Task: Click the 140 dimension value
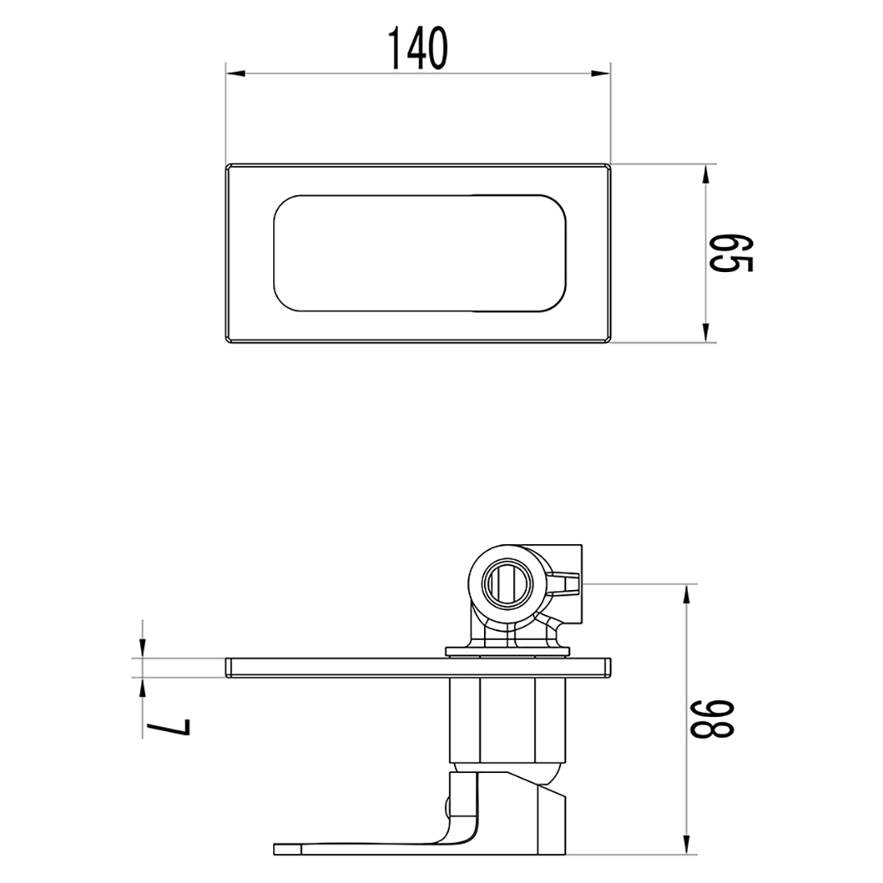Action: pos(418,48)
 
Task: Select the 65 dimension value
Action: pos(730,254)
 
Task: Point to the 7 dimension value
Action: pos(168,726)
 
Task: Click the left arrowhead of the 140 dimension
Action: pos(236,73)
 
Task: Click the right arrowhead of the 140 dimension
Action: pos(600,73)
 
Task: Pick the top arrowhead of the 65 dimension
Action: pos(705,174)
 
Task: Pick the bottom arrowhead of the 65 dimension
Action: pos(705,331)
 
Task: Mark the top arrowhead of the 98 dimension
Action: pos(687,595)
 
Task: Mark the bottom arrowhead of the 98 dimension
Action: pos(687,844)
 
